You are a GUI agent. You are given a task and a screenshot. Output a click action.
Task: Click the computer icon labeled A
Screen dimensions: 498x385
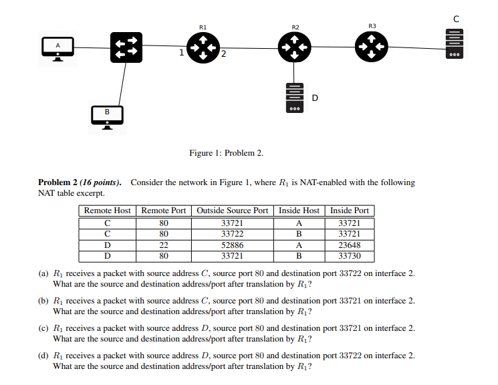(57, 49)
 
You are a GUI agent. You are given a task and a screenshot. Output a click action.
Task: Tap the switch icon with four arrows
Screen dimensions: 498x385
(126, 47)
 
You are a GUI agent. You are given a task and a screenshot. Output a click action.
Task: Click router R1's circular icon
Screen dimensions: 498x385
(203, 48)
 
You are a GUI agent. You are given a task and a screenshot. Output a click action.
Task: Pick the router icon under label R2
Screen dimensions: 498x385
(294, 47)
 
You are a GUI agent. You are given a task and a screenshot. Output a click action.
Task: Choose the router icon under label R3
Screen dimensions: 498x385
(371, 46)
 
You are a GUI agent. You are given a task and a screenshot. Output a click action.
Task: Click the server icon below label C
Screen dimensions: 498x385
(455, 44)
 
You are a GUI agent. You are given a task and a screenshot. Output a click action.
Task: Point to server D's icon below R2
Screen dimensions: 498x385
(294, 98)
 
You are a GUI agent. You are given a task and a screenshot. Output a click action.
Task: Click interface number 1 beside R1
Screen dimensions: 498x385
(181, 52)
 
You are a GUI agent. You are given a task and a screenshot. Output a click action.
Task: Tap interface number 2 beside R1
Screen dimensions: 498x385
(223, 54)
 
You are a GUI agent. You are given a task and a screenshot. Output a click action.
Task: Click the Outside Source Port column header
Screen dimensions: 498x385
(232, 211)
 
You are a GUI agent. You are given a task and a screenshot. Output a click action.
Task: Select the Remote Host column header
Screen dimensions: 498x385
(108, 211)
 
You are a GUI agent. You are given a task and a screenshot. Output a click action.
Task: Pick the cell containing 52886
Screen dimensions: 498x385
(232, 245)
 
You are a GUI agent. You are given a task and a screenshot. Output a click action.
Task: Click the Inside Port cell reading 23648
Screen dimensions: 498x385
(350, 245)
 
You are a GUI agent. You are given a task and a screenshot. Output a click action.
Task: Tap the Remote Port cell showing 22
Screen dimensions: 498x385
(164, 245)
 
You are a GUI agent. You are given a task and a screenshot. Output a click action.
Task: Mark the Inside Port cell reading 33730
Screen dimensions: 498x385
(350, 256)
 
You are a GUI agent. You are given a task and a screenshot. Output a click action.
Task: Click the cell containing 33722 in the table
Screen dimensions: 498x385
(232, 234)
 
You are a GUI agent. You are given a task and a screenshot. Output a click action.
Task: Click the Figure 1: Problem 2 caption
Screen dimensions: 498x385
(227, 153)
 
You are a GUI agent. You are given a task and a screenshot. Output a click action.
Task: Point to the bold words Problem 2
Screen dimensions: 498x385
(57, 182)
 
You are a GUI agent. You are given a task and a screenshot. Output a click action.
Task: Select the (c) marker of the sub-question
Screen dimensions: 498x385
(43, 328)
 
